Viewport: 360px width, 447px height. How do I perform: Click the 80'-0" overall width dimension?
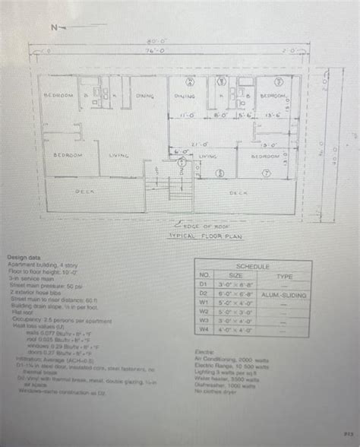point(158,42)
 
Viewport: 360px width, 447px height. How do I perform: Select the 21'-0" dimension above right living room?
point(200,143)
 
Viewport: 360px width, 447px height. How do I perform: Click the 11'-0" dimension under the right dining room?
point(185,117)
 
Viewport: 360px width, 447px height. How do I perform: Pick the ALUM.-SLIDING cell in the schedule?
point(283,293)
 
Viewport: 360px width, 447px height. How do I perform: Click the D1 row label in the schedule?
point(204,284)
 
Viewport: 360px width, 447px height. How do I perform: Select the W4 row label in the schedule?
point(204,329)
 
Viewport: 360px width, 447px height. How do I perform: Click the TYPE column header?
point(283,276)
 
